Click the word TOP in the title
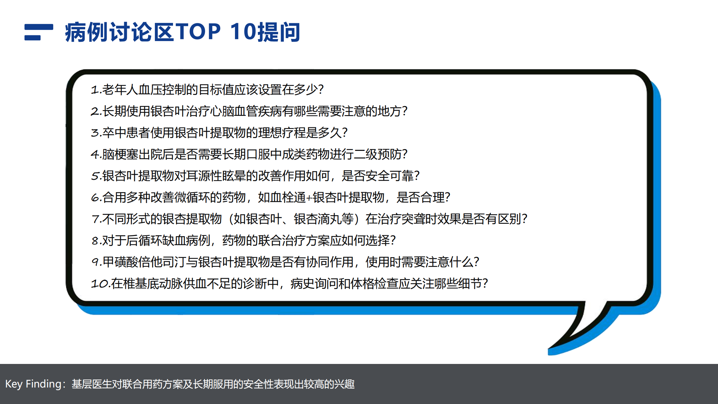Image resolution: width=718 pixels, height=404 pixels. pyautogui.click(x=198, y=32)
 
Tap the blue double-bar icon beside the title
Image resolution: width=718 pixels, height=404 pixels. pyautogui.click(x=39, y=32)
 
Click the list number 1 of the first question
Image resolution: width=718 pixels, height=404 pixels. pyautogui.click(x=95, y=90)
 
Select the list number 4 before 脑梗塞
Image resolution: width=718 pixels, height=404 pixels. pyautogui.click(x=95, y=154)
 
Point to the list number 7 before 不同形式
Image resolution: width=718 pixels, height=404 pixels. pyautogui.click(x=95, y=219)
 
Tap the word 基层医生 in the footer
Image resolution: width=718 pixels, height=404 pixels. pyautogui.click(x=92, y=384)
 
